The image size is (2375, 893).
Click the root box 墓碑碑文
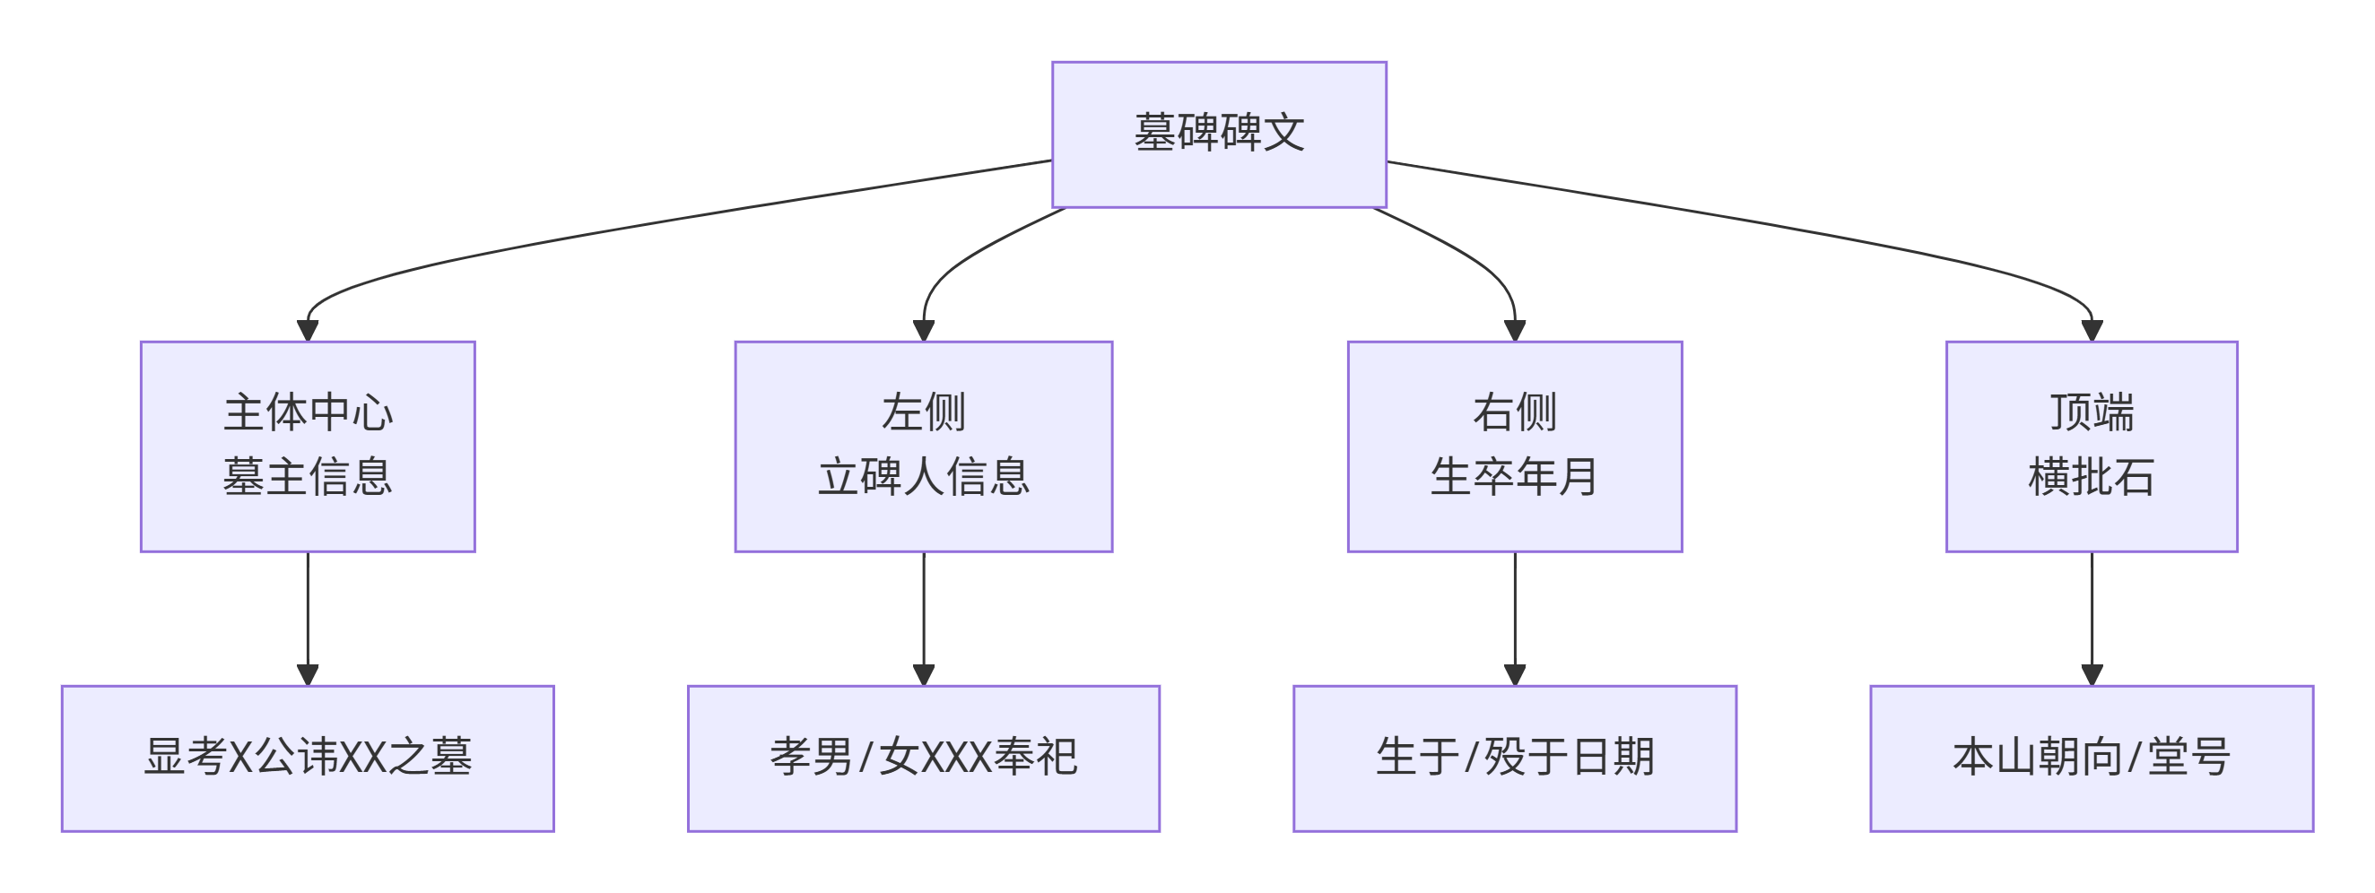[1219, 134]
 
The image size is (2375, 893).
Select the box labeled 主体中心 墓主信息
[308, 446]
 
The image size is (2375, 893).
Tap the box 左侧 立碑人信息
[923, 446]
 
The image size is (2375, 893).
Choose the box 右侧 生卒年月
[1514, 446]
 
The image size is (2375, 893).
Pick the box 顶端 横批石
[2091, 446]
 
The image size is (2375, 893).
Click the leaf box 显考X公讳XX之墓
[308, 758]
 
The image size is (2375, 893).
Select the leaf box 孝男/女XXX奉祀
[923, 758]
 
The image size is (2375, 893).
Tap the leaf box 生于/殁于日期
[1514, 758]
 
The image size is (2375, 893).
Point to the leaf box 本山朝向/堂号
[2091, 758]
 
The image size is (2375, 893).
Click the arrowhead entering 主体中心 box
[308, 331]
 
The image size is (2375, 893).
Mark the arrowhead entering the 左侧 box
[923, 331]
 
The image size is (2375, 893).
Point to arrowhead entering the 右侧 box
[1514, 331]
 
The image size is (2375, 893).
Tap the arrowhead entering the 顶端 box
[2091, 331]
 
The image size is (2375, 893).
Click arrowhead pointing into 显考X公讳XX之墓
[308, 674]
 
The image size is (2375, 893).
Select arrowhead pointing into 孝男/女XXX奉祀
[923, 674]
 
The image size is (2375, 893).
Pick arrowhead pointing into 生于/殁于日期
[1514, 674]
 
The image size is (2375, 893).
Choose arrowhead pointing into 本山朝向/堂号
[2091, 674]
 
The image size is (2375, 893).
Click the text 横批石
[2091, 477]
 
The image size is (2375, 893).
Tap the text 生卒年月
[1514, 477]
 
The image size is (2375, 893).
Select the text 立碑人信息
[923, 477]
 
